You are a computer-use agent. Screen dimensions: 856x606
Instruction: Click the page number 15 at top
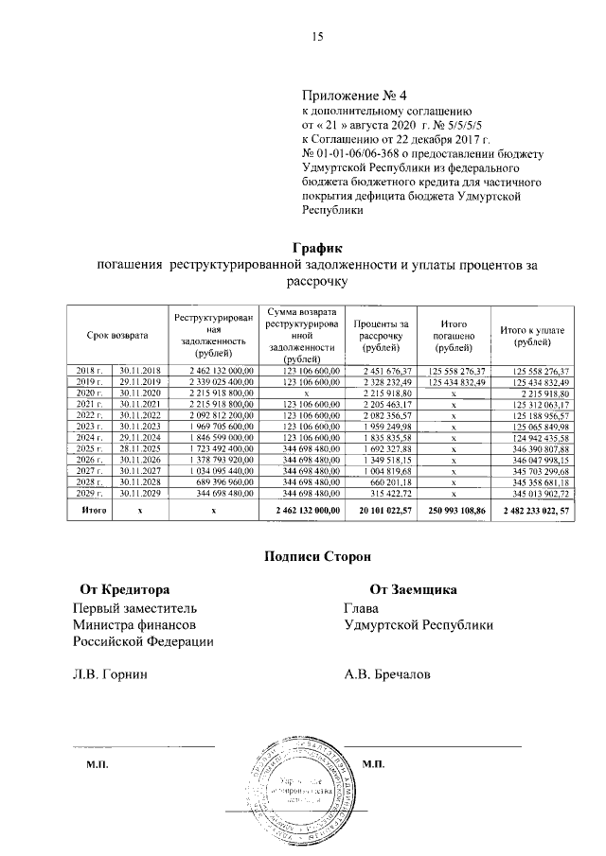(x=318, y=37)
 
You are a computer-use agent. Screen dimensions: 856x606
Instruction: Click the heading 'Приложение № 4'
(x=353, y=96)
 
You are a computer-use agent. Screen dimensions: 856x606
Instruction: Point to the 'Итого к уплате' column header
(x=532, y=335)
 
